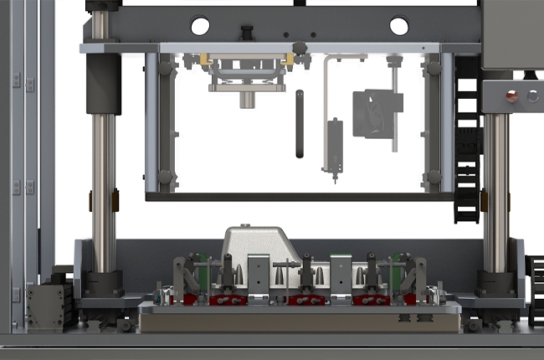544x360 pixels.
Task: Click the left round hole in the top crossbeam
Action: [x=200, y=26]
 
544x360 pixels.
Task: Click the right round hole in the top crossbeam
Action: [x=399, y=26]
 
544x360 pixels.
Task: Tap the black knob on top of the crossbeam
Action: [x=247, y=32]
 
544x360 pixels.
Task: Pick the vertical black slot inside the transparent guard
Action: [x=299, y=124]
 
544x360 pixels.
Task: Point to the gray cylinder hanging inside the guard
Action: [x=334, y=146]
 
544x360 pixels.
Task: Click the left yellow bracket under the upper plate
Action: [x=203, y=60]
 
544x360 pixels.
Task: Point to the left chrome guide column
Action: [x=104, y=193]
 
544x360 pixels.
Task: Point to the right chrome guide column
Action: [x=495, y=193]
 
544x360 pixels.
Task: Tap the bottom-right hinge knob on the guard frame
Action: [x=433, y=178]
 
